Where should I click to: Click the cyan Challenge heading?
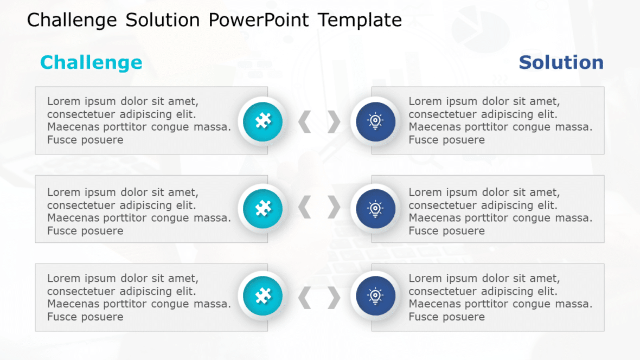pos(91,62)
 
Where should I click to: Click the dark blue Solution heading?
pos(561,62)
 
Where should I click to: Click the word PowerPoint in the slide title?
pos(258,20)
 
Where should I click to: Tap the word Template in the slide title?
pos(360,20)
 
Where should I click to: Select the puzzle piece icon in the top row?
pos(263,121)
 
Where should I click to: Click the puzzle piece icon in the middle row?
pos(263,208)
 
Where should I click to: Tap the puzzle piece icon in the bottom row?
pos(263,296)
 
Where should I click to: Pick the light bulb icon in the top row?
pos(375,121)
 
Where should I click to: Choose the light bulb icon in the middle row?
pos(375,208)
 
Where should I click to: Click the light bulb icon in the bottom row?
pos(375,296)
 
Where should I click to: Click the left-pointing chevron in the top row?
pos(305,121)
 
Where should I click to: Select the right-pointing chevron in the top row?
pos(334,121)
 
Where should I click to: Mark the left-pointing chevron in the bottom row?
pos(305,297)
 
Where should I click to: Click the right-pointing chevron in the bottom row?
pos(334,297)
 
